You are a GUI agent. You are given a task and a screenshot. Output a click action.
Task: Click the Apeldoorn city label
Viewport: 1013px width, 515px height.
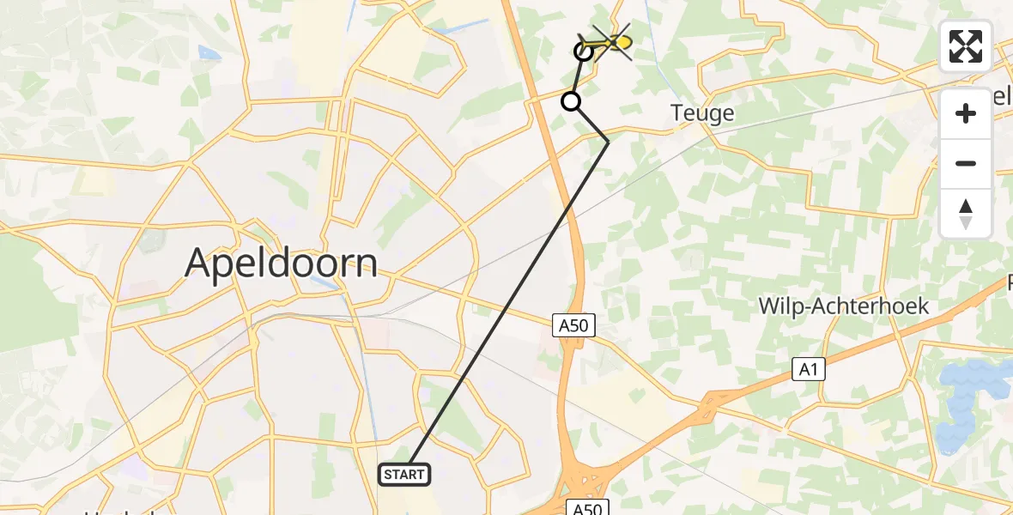281,263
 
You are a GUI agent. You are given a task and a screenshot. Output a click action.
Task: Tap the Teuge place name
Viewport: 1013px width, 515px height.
702,112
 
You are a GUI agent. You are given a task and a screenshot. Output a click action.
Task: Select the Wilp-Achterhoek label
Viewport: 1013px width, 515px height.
844,306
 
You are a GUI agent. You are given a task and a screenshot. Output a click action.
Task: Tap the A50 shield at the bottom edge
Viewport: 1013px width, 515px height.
588,508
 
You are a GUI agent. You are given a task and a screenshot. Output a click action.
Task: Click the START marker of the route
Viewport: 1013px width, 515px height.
404,474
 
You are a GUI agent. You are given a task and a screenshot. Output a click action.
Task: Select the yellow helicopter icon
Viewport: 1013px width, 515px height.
610,40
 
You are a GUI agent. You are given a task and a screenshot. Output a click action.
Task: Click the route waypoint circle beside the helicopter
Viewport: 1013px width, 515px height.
584,51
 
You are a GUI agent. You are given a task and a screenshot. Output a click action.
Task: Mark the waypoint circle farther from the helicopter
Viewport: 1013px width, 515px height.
571,102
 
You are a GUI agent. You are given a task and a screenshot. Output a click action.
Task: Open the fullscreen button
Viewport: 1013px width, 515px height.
966,46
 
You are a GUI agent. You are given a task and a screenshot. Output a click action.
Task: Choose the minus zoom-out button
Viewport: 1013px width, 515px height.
966,163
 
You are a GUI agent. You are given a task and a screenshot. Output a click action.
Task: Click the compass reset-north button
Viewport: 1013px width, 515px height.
966,214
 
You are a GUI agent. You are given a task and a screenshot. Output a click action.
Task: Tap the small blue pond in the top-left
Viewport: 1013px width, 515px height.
209,52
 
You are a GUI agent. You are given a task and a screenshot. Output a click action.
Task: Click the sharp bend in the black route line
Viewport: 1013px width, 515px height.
608,142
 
